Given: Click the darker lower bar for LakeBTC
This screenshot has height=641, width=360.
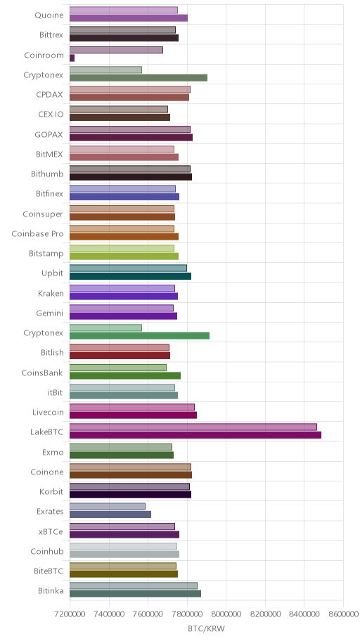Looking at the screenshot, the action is coord(195,435).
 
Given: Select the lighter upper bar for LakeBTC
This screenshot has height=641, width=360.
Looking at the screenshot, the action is coord(193,427).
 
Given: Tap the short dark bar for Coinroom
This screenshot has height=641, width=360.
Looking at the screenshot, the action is coord(72,58).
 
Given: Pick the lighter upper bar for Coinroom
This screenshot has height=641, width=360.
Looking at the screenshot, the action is coord(116,50).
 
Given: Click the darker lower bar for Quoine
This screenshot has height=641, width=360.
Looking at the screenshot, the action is coord(129,18).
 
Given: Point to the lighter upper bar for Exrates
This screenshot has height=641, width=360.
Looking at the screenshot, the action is coord(107,507).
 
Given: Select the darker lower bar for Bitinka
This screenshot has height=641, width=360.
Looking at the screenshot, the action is coord(135,594).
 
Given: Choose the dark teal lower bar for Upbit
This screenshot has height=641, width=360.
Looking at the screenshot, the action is coord(130,276).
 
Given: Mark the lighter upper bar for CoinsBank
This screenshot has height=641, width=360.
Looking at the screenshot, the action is coord(118,368).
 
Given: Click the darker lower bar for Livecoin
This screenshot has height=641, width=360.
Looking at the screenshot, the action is coord(133,415).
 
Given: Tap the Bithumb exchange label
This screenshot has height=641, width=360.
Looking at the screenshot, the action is coord(47,174).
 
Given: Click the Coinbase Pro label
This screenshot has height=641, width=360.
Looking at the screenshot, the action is coord(38,234).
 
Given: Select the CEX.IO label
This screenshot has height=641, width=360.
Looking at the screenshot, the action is coord(51,115).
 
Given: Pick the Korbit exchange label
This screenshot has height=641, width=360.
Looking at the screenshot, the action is coord(51,492).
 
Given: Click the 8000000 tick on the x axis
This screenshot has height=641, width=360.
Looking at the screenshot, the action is coord(226,614).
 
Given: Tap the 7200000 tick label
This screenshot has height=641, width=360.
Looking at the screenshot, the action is coord(70,614).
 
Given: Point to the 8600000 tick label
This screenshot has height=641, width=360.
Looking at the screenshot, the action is coord(343,614).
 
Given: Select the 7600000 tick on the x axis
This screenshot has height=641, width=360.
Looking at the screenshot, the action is coord(148,614).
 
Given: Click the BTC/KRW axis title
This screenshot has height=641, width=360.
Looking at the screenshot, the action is coord(206,629).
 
